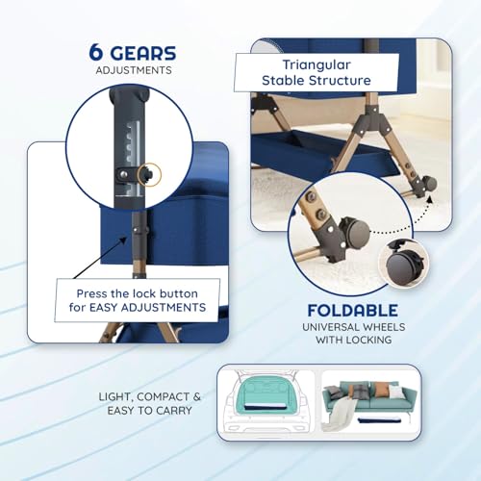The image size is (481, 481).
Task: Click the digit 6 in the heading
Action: [x=95, y=53]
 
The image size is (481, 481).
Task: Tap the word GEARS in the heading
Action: [x=143, y=53]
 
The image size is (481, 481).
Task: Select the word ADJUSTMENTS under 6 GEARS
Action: [x=134, y=70]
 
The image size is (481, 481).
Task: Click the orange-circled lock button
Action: [x=149, y=174]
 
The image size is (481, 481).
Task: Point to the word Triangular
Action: [x=316, y=64]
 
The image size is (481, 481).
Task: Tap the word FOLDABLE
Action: [x=353, y=311]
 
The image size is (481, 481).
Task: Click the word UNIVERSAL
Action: [x=330, y=327]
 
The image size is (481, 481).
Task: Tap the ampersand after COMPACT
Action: [x=196, y=397]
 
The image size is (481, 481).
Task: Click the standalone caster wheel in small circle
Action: [x=403, y=264]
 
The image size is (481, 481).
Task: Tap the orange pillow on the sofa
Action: [x=381, y=390]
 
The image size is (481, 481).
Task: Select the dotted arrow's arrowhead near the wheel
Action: [x=430, y=199]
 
